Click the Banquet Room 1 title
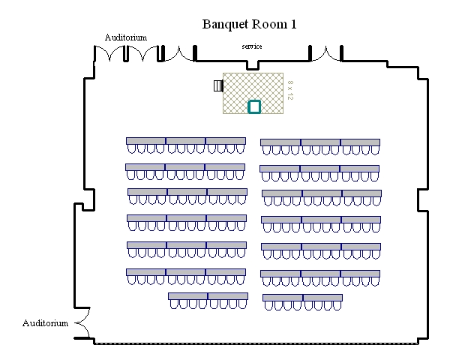coord(249,24)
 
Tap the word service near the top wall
coord(252,46)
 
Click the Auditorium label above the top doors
coord(126,37)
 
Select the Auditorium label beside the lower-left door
coord(45,323)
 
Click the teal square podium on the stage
coord(254,106)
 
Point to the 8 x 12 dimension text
coord(290,90)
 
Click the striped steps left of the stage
coord(218,85)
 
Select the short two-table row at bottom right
coord(302,302)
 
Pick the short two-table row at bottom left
coord(208,301)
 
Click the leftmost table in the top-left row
coord(145,141)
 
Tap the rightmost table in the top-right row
coord(360,142)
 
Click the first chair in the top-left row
coord(131,148)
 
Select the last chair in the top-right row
coord(375,150)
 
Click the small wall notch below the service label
coord(253,65)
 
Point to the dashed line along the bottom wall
coord(256,343)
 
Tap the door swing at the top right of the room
coord(325,53)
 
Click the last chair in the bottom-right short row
coord(337,306)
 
